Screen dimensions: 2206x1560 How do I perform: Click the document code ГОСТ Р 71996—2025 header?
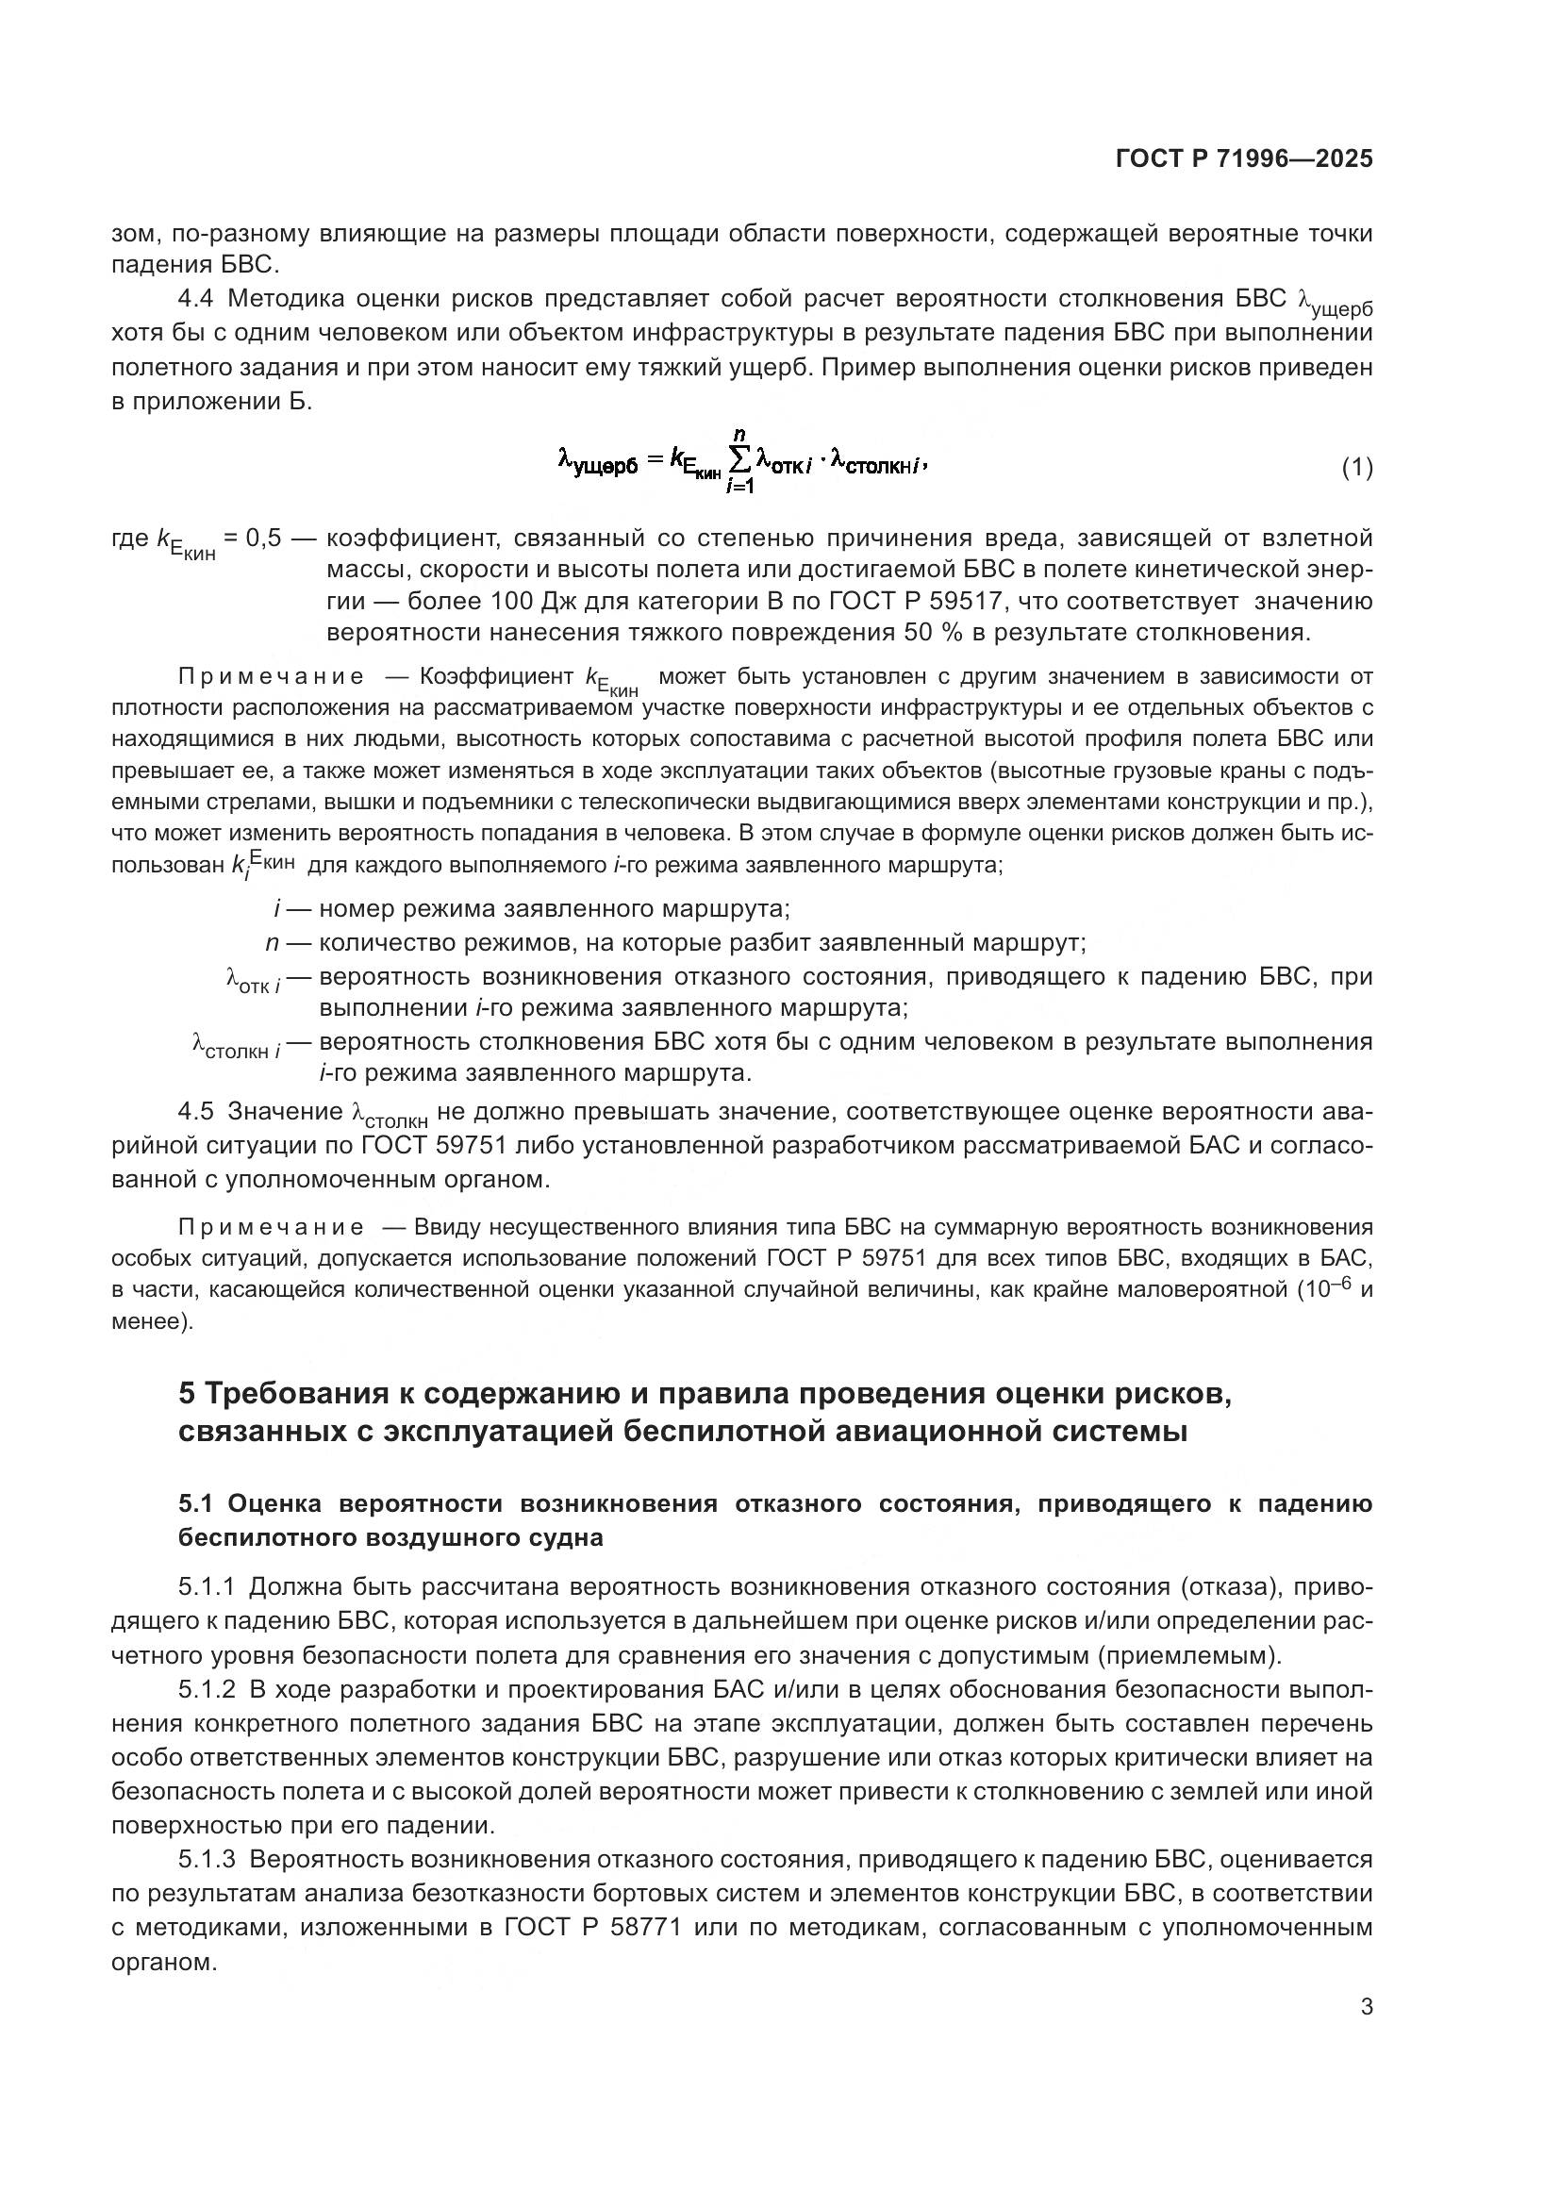tap(1243, 158)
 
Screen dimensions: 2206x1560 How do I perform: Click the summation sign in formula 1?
tap(740, 464)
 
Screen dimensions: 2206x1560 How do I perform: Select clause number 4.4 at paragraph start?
tap(195, 299)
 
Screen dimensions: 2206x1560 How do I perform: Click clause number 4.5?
tap(195, 1112)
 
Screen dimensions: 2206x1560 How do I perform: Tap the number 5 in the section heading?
tap(188, 1393)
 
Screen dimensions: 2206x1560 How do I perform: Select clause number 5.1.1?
tap(207, 1587)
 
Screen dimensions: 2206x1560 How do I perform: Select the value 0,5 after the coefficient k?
tap(262, 538)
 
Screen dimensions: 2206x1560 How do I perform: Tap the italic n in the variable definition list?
tap(272, 942)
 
